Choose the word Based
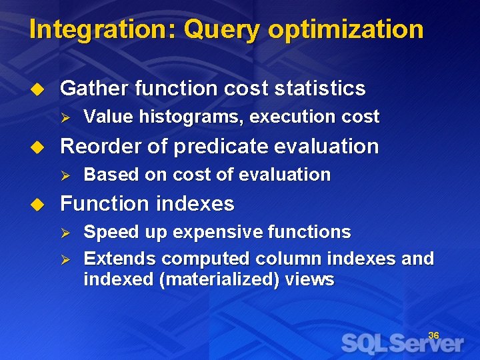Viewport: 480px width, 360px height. (107, 175)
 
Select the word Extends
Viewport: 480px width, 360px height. (120, 258)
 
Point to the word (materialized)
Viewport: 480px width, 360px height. (219, 279)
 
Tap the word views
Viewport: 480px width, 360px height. (309, 279)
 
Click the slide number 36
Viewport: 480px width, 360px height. (433, 335)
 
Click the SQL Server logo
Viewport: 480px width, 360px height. (403, 343)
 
